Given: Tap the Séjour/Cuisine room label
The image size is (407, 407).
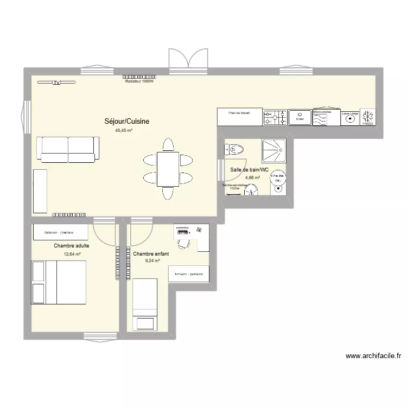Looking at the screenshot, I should click(x=127, y=122).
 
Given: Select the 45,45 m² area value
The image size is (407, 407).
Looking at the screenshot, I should click(x=124, y=130).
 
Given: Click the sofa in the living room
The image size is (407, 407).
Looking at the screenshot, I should click(x=68, y=149).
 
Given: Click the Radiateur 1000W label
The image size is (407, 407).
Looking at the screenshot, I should click(x=140, y=81).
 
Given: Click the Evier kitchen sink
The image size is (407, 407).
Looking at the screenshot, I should click(x=299, y=117).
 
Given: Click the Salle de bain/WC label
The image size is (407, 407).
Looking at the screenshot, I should click(x=250, y=170).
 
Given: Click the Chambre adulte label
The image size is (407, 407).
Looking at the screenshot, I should click(x=72, y=246).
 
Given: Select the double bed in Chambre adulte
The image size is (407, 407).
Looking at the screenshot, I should click(x=59, y=282).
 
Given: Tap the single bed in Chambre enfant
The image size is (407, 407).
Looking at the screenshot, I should click(x=144, y=304).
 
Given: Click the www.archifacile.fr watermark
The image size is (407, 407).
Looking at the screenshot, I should click(x=373, y=357).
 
